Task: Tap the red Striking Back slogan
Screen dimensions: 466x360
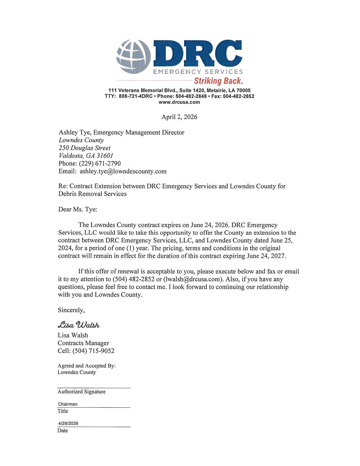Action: pos(218,81)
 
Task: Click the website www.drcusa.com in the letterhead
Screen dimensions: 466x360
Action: pos(179,102)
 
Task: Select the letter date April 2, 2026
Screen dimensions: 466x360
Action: pos(179,117)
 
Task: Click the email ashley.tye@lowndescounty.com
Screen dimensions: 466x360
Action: pos(123,171)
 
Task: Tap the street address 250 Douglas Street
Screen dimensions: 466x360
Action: pos(84,148)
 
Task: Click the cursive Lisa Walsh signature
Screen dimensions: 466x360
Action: pos(79,325)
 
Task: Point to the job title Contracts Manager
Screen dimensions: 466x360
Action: pos(83,343)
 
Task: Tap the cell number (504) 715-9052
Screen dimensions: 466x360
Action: pos(93,351)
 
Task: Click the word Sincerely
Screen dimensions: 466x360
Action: pos(71,310)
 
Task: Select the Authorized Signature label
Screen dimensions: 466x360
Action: pos(82,392)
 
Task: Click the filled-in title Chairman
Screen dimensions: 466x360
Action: pos(68,404)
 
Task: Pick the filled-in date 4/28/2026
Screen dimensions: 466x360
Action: pos(68,423)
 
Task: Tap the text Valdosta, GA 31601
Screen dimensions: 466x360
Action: pos(86,156)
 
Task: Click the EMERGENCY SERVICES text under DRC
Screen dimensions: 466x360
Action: pos(198,72)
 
